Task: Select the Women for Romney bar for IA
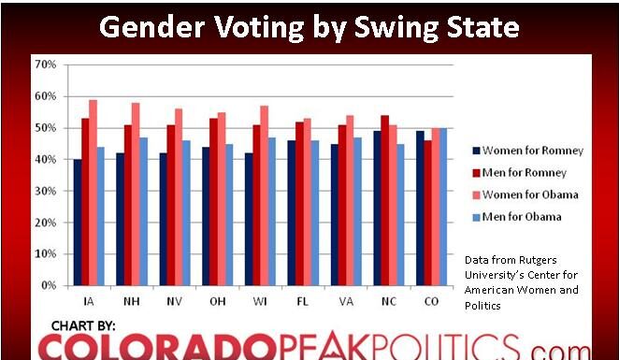coord(76,222)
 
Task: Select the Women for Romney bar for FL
coord(291,212)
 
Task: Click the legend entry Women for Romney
coord(525,150)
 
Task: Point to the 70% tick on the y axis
coord(45,65)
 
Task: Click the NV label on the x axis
coord(175,301)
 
